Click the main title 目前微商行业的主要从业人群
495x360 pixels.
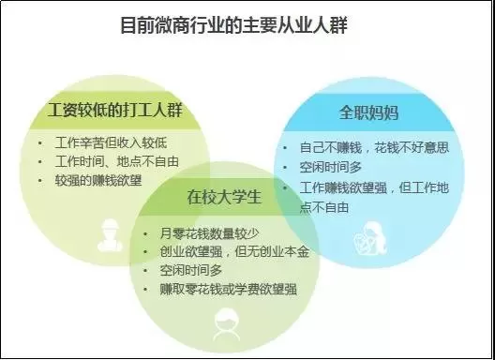234,25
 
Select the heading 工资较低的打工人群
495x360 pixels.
115,111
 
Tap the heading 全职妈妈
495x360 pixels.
368,112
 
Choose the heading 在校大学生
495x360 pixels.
224,197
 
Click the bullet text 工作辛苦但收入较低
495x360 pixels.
111,142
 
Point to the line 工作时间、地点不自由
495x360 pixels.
117,161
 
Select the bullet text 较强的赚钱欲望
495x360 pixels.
98,181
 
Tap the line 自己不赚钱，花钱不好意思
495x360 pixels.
374,147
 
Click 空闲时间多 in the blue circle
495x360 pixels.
331,167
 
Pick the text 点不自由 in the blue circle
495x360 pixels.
324,207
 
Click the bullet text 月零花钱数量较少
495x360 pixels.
209,233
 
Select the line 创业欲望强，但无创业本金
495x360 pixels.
234,251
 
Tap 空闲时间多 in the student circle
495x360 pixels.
191,270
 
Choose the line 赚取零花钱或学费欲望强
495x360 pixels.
228,290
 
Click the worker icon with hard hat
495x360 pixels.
110,235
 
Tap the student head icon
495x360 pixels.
226,324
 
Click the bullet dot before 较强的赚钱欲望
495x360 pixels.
39,181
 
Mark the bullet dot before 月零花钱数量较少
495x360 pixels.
145,234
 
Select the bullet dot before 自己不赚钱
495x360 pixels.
285,147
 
